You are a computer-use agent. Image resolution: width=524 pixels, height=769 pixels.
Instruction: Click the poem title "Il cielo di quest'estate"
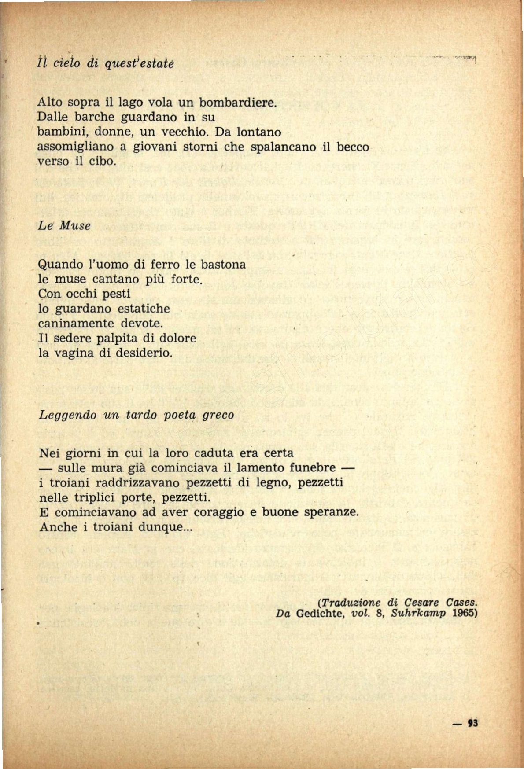pyautogui.click(x=105, y=63)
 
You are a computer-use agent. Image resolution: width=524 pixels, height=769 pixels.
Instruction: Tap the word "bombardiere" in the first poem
pyautogui.click(x=238, y=103)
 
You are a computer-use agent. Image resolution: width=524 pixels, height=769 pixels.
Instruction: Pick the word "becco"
pyautogui.click(x=353, y=147)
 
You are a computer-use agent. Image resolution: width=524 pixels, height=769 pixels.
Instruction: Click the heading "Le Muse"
pyautogui.click(x=64, y=226)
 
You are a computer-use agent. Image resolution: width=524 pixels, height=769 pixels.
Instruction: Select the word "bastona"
pyautogui.click(x=223, y=264)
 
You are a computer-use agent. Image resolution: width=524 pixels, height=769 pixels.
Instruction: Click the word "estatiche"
pyautogui.click(x=144, y=308)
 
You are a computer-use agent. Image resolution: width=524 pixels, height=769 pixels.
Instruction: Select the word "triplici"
pyautogui.click(x=99, y=497)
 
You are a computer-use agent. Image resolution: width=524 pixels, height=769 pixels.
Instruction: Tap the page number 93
pyautogui.click(x=473, y=723)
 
